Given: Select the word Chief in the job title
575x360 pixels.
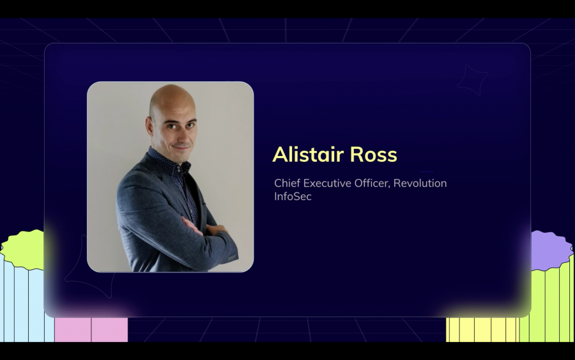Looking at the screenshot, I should [x=287, y=184].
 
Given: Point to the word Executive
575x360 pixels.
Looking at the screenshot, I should [x=327, y=184].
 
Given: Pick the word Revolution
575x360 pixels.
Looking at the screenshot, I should [x=420, y=184].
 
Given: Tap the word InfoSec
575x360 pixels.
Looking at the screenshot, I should [x=293, y=197].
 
